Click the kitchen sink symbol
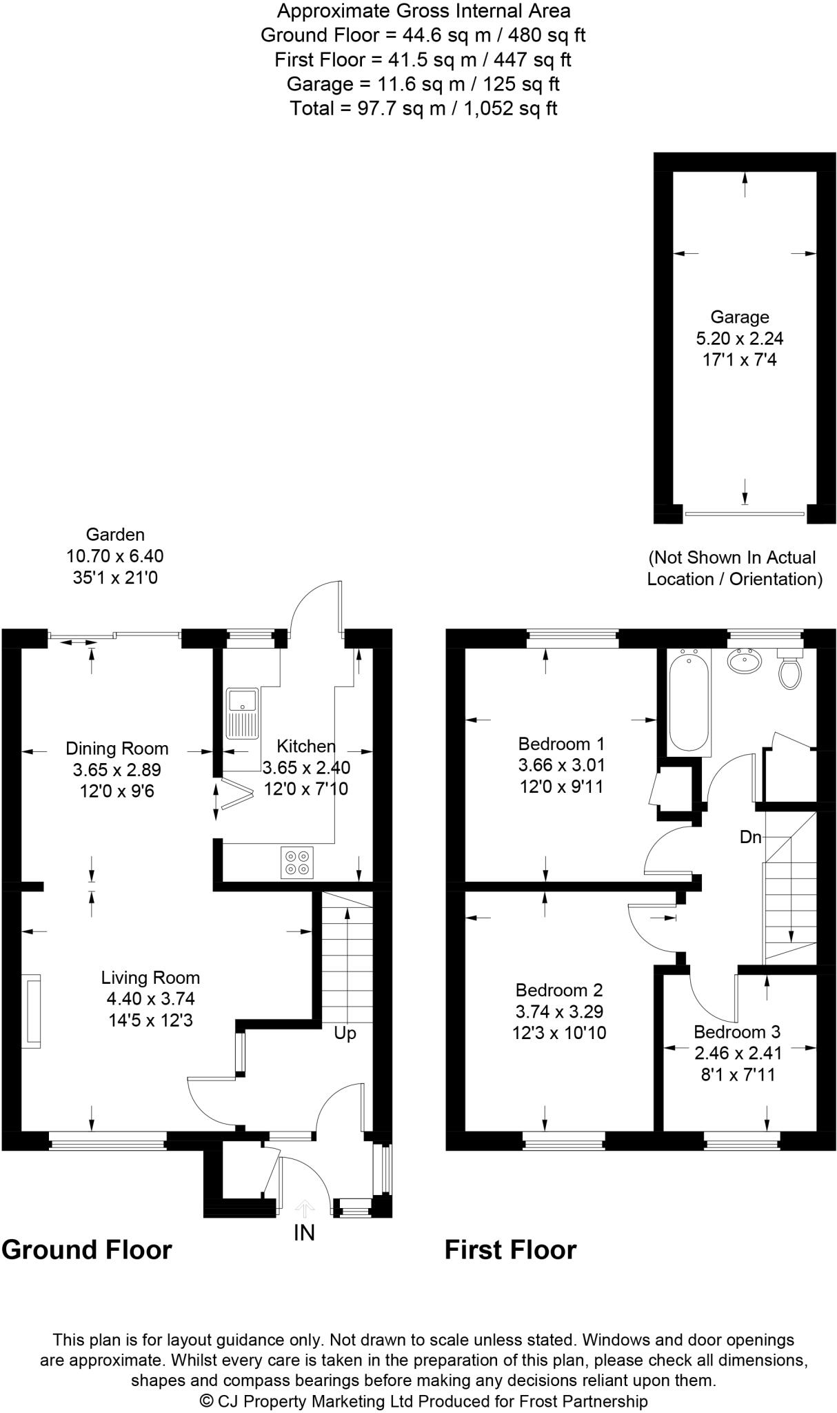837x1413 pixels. [x=241, y=713]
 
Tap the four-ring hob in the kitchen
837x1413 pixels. [x=297, y=862]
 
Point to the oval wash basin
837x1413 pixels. [x=745, y=661]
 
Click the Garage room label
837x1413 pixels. [x=740, y=317]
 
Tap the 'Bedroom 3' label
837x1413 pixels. [x=736, y=1032]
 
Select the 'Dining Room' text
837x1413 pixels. [x=117, y=749]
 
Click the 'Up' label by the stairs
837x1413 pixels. [x=345, y=1034]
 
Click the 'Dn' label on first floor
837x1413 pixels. [x=750, y=838]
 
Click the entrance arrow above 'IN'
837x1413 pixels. [x=304, y=1208]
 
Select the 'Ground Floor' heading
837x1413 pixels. [x=87, y=1249]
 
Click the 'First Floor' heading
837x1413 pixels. [x=510, y=1249]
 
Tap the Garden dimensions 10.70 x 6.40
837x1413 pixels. [x=115, y=556]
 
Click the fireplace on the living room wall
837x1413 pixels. [x=31, y=1011]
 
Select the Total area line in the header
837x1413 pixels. [x=423, y=108]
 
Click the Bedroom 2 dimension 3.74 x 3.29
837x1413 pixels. [x=559, y=1012]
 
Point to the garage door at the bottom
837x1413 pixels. [x=745, y=514]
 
